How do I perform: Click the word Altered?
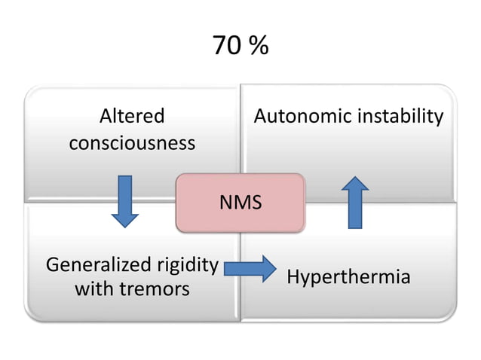point(132,117)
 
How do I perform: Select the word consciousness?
point(132,142)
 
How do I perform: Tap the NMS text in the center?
point(240,203)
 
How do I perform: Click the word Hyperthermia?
point(348,277)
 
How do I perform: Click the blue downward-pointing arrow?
point(125,201)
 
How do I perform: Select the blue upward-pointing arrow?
point(357,203)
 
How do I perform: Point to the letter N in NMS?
point(225,203)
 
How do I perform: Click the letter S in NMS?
point(256,203)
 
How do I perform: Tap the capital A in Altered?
point(106,117)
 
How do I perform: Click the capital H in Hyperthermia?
point(293,277)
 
